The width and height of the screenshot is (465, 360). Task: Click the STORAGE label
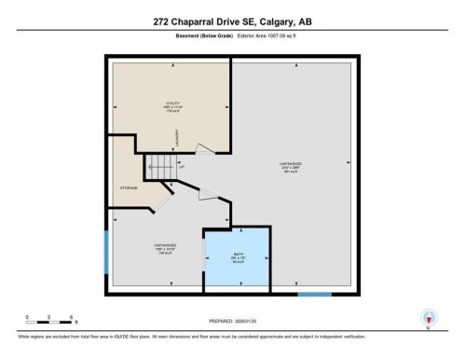(x=129, y=188)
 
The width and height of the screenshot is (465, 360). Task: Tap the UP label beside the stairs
(x=184, y=169)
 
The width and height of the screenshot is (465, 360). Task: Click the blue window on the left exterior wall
(x=105, y=250)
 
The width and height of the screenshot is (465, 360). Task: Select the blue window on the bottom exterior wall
(x=314, y=296)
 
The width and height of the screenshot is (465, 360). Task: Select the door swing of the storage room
(x=163, y=198)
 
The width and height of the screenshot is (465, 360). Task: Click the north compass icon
(x=427, y=317)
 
